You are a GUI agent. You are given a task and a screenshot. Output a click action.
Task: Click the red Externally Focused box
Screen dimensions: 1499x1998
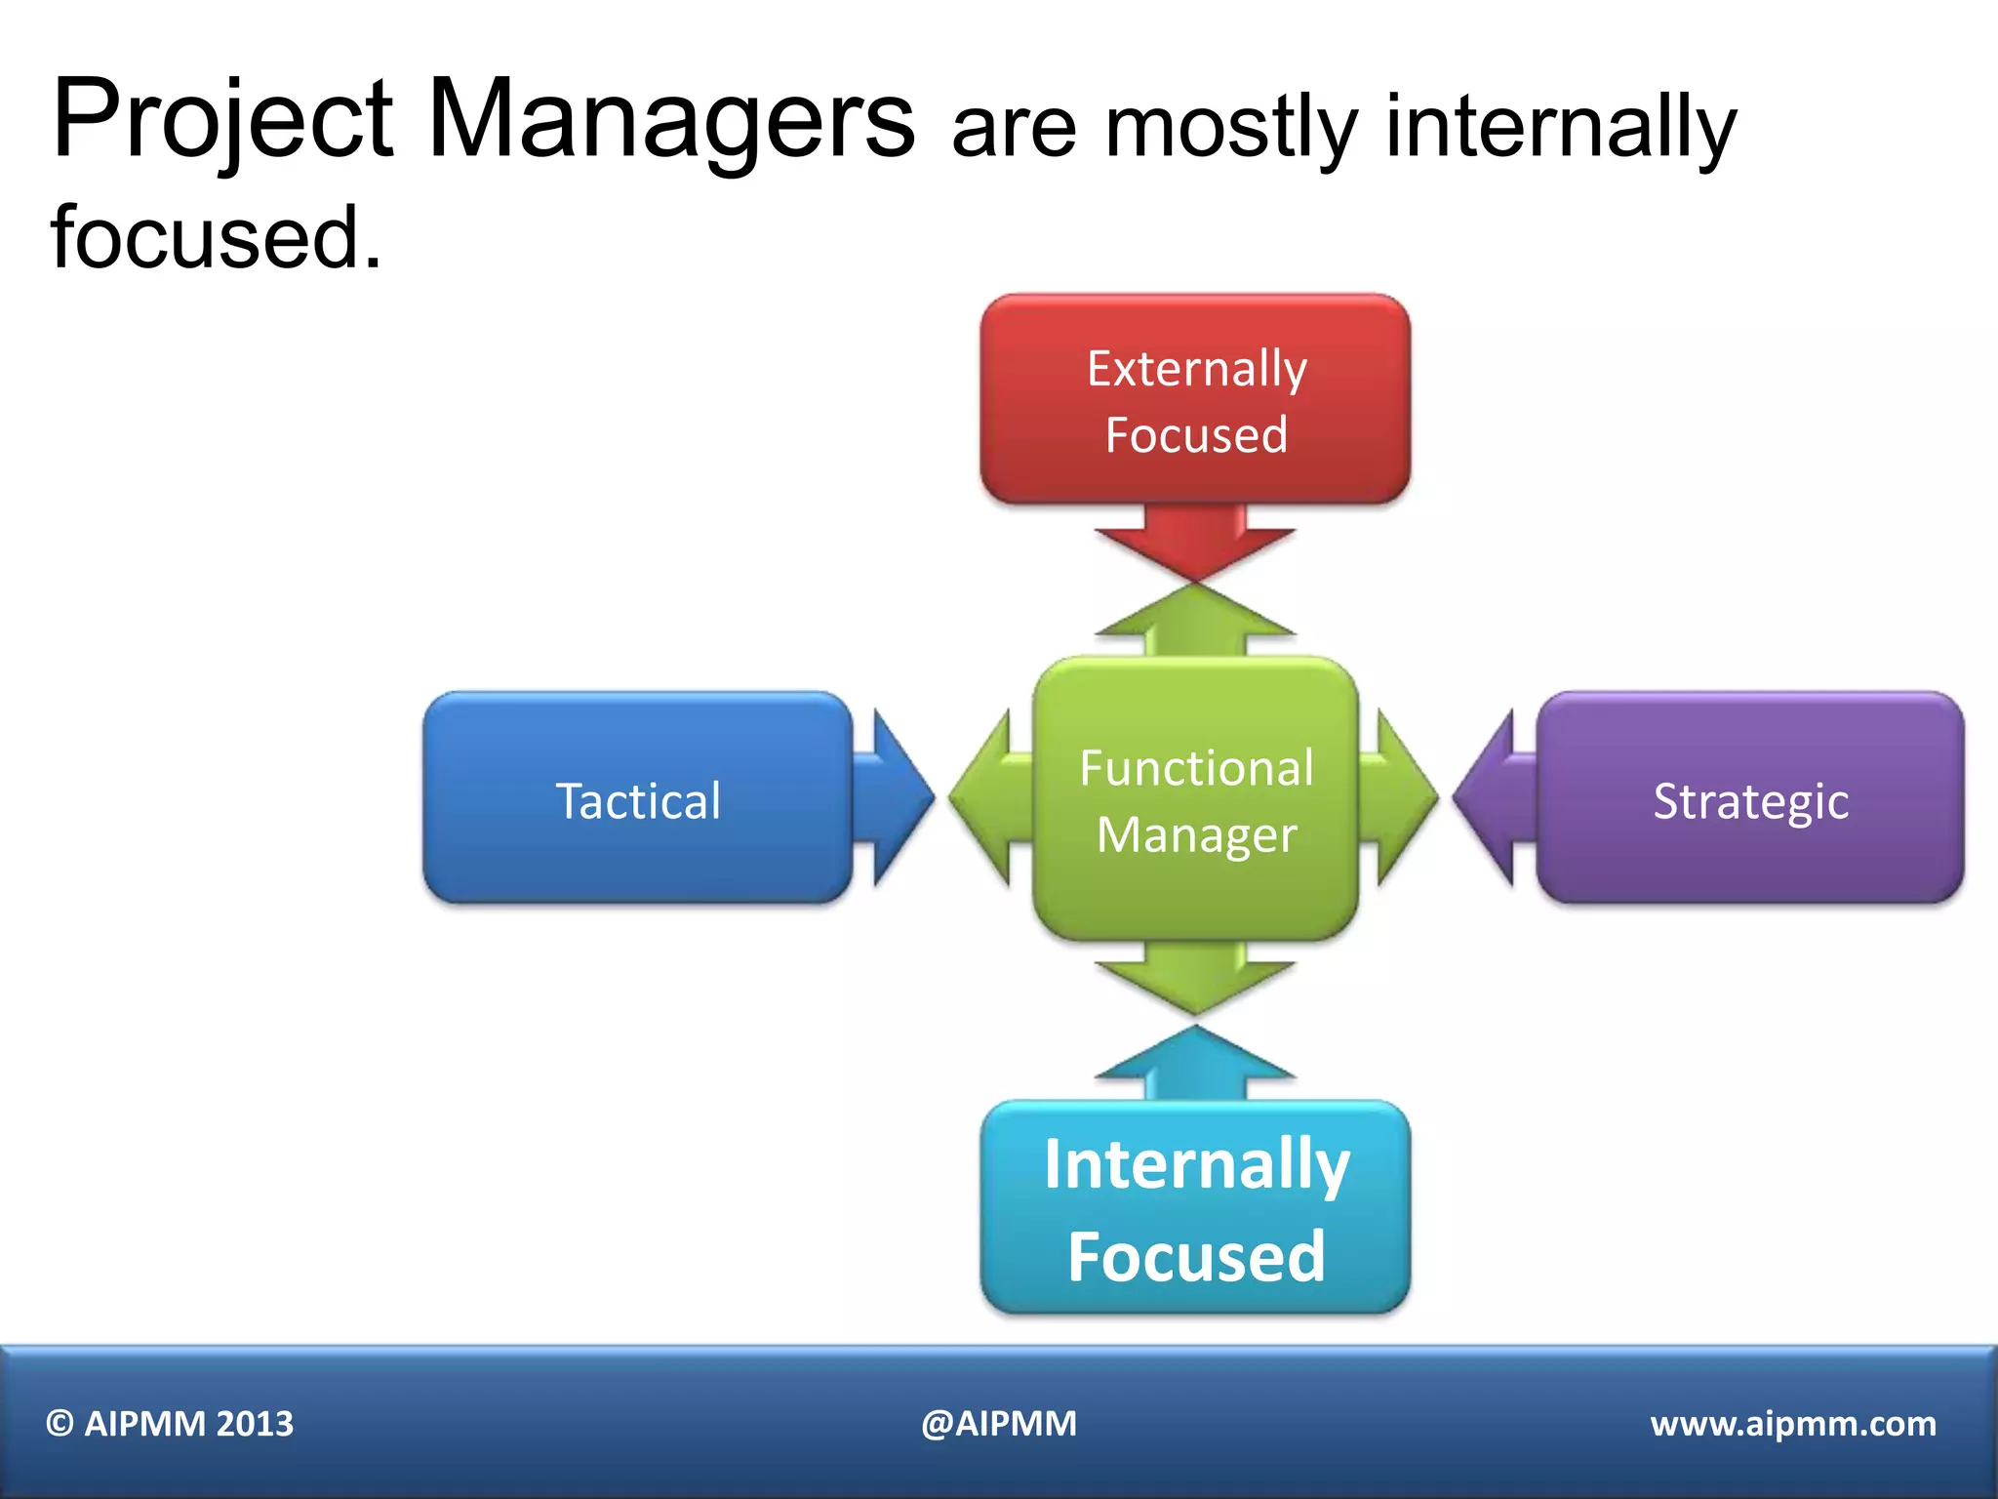tap(1195, 400)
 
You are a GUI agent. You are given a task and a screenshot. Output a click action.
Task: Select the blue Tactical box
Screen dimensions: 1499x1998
tap(637, 798)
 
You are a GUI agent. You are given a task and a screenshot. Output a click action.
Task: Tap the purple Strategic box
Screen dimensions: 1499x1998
tap(1750, 798)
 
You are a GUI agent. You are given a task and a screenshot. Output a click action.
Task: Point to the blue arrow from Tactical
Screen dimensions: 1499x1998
tap(893, 798)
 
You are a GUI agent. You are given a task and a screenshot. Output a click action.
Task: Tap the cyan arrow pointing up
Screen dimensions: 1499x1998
tap(1195, 1064)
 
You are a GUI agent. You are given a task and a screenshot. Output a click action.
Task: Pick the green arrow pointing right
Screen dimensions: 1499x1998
tap(1401, 798)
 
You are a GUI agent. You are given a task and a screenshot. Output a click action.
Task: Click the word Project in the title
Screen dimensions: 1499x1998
tap(222, 122)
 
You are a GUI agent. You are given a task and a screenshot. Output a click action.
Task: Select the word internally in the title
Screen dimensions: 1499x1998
tap(1561, 127)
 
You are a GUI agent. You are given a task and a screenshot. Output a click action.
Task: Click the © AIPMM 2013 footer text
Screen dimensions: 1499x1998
tap(170, 1424)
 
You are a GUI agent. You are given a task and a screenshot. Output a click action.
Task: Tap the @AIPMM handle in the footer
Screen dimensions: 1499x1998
tap(999, 1424)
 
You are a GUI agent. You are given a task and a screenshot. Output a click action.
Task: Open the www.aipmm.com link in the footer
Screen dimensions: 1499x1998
tap(1792, 1424)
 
